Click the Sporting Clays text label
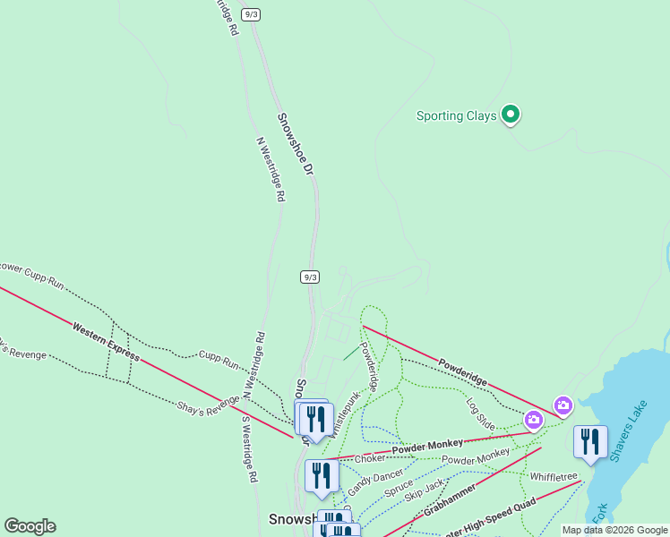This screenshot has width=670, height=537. [457, 115]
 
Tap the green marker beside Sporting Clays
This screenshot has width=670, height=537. [511, 114]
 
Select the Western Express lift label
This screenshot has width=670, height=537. [107, 342]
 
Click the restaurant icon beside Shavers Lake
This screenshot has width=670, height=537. [589, 442]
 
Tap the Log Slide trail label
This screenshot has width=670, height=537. [480, 408]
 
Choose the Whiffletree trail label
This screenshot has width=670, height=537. [554, 476]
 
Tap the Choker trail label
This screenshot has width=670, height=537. [369, 459]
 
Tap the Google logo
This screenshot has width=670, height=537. [30, 525]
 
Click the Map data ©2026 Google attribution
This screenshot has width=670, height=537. [614, 530]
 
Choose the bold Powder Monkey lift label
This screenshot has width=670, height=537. [427, 445]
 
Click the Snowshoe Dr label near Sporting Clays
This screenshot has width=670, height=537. [296, 143]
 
